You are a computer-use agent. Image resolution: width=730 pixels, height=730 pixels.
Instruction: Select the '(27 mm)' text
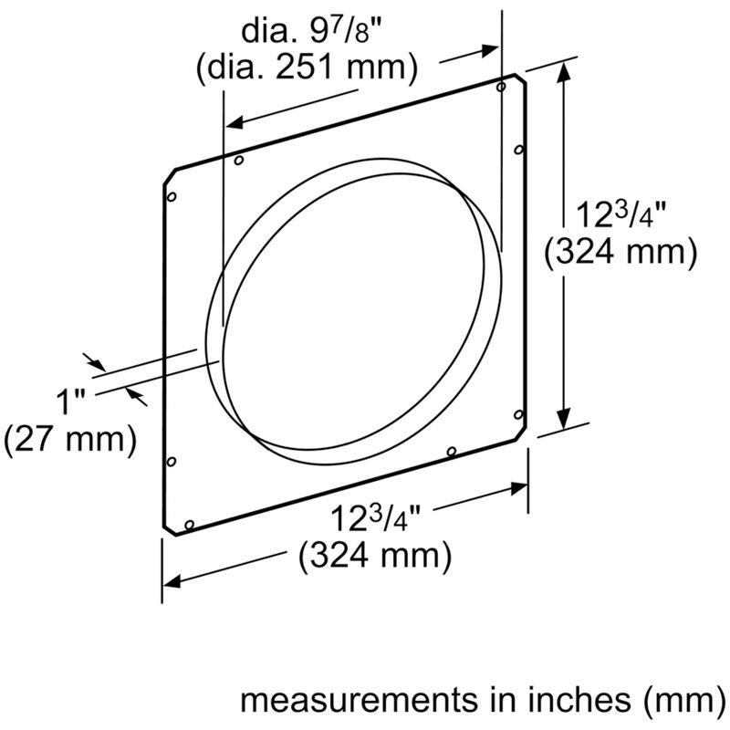pyautogui.click(x=69, y=439)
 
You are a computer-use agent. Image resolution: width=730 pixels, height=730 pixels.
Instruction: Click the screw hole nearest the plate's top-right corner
pyautogui.click(x=500, y=87)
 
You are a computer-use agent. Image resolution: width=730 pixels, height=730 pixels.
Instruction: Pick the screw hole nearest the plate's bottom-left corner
pyautogui.click(x=189, y=525)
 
